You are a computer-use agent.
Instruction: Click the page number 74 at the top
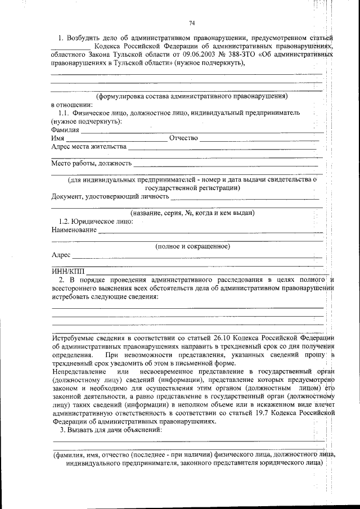point(191,22)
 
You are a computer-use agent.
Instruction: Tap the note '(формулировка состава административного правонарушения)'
point(191,96)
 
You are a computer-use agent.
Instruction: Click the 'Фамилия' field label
point(65,129)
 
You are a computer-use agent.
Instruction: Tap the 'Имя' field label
point(57,138)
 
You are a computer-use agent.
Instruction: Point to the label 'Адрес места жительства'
point(88,147)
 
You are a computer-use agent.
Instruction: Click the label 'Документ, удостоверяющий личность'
point(110,196)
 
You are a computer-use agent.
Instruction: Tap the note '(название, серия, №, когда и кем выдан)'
point(192,213)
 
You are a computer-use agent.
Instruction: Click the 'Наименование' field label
point(74,230)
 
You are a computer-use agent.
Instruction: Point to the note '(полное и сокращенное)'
point(192,246)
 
